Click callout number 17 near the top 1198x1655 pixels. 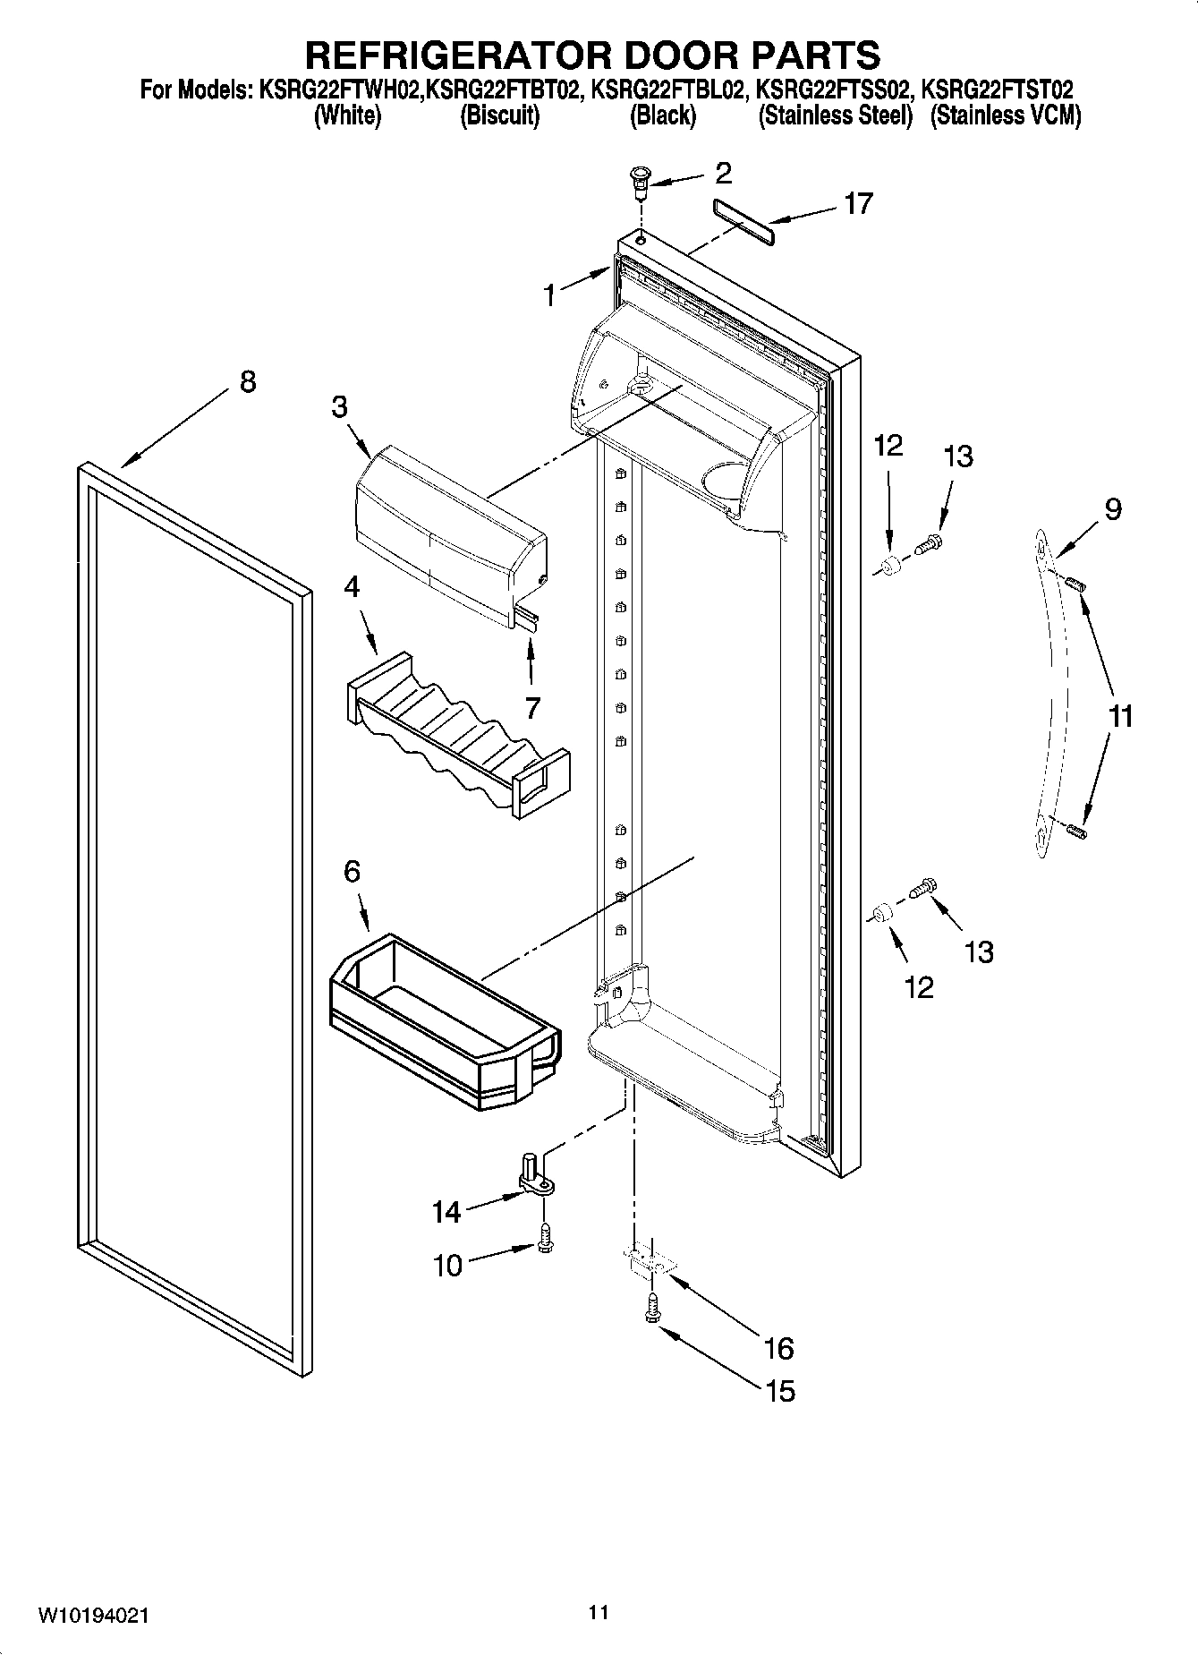click(x=858, y=204)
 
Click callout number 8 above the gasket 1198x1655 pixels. click(x=248, y=382)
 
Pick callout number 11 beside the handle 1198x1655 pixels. click(x=1120, y=716)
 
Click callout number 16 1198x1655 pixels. click(x=779, y=1347)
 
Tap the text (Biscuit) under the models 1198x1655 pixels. click(x=499, y=116)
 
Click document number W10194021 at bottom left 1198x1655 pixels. click(x=93, y=1616)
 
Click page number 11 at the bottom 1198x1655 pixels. click(x=599, y=1612)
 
